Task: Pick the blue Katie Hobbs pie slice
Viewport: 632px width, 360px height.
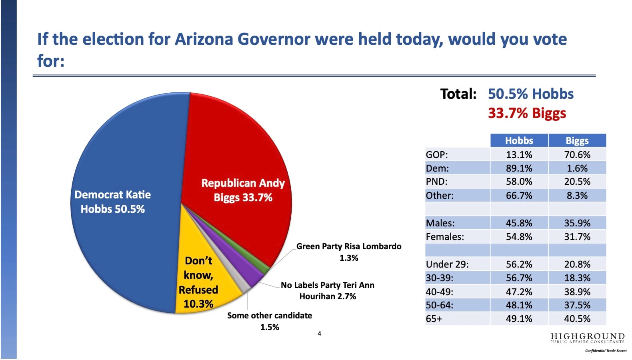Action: click(121, 203)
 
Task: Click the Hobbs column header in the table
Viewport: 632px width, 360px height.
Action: click(519, 140)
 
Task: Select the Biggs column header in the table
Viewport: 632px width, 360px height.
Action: click(577, 140)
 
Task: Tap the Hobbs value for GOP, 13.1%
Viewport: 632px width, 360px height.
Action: click(519, 155)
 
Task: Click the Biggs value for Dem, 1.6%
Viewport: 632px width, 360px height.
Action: click(577, 168)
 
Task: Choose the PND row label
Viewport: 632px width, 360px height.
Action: click(437, 182)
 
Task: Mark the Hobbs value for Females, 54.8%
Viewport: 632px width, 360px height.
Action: click(519, 237)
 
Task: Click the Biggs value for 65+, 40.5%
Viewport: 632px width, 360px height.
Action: click(577, 319)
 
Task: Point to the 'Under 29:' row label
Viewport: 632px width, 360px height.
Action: click(447, 264)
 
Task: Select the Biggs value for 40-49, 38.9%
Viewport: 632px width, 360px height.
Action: click(577, 292)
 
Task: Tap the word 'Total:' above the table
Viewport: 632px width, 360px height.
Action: click(458, 94)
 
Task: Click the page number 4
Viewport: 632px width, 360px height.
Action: click(319, 334)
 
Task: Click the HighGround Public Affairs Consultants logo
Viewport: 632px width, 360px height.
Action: click(588, 338)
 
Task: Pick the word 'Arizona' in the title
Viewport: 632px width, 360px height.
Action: click(204, 39)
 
